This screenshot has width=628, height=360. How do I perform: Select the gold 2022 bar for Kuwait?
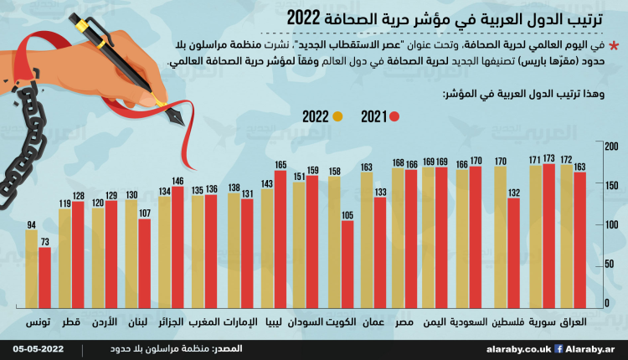pos(334,242)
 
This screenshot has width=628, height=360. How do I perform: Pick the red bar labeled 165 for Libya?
pos(281,238)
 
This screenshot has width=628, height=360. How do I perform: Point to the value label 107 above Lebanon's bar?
pos(145,213)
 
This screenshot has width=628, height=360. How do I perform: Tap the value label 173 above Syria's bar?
pos(548,157)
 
